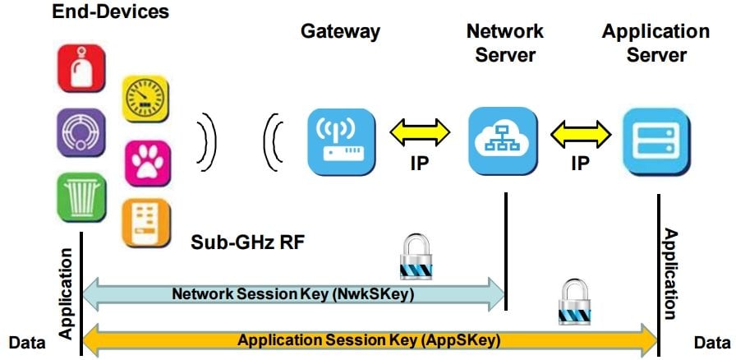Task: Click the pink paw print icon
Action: (x=147, y=162)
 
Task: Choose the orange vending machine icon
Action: (x=146, y=223)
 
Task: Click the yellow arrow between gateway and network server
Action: (x=421, y=132)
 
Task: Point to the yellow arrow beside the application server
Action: (x=581, y=132)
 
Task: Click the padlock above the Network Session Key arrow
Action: (x=414, y=256)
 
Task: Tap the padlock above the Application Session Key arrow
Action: (x=573, y=303)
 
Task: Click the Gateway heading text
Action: (x=340, y=32)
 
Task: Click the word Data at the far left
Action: (x=26, y=340)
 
